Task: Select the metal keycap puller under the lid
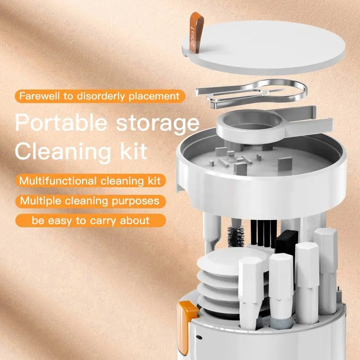pos(252,92)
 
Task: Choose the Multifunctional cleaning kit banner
pos(90,181)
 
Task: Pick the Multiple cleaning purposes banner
pos(90,200)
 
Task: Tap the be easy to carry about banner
pos(90,220)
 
